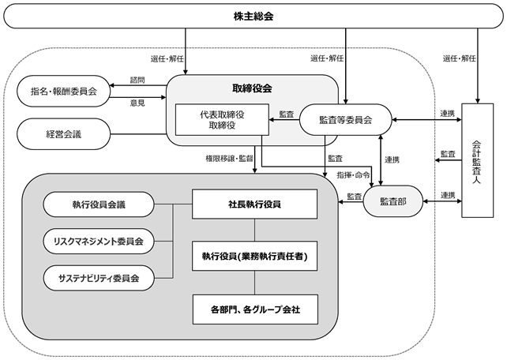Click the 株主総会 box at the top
253,16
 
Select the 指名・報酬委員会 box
64,92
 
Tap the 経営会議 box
64,133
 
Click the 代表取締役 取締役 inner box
222,119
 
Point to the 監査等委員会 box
346,119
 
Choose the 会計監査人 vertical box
478,160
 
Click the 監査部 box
393,201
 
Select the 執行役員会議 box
99,204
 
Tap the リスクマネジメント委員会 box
99,241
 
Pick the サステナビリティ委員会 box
99,278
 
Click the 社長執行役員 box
255,204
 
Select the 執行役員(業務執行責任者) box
255,256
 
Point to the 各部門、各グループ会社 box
255,309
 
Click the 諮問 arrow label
137,81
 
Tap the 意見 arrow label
137,103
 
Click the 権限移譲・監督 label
229,159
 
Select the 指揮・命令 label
353,175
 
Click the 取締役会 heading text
252,88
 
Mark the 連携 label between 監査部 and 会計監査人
448,195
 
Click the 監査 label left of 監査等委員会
287,114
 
